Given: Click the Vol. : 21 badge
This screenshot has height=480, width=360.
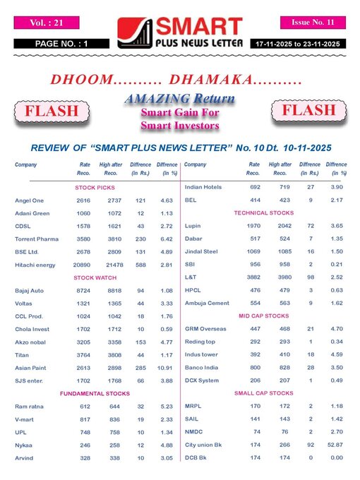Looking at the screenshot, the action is click(x=47, y=23).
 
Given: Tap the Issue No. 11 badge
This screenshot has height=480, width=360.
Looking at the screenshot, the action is click(x=312, y=23).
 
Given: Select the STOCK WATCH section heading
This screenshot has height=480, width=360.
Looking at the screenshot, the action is click(x=95, y=277).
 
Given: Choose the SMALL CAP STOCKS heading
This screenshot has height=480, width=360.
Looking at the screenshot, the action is click(x=264, y=392).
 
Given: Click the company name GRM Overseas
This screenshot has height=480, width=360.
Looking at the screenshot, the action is click(x=206, y=329).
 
